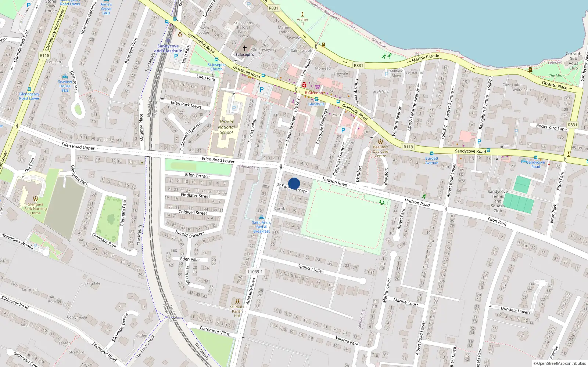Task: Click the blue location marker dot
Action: [x=294, y=183]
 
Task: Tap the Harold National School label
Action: [x=226, y=127]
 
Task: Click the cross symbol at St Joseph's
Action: [x=245, y=48]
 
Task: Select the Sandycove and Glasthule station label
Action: [x=168, y=48]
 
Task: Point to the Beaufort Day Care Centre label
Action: [x=380, y=151]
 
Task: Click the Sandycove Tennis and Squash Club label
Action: [x=498, y=201]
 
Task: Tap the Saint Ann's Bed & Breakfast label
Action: [x=261, y=227]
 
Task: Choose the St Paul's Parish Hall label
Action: [x=237, y=311]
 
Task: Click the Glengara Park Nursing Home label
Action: [x=35, y=208]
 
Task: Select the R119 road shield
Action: [x=408, y=147]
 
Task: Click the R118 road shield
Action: [x=44, y=55]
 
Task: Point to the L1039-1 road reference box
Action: [x=255, y=272]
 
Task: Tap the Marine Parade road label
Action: [x=425, y=58]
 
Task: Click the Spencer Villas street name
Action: [x=311, y=269]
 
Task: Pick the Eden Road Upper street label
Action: [x=78, y=146]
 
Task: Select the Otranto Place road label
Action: [x=555, y=85]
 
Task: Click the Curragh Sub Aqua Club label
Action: [x=573, y=61]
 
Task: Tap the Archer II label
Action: [x=302, y=21]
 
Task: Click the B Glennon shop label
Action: [x=314, y=93]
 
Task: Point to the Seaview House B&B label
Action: [x=65, y=86]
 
